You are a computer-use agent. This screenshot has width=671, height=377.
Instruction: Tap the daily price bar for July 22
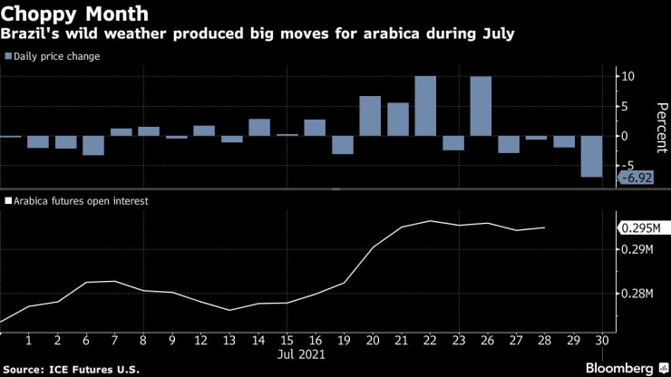tap(425, 106)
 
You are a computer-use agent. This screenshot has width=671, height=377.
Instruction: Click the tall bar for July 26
tap(481, 106)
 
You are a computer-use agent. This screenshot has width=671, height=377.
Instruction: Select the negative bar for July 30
tap(592, 157)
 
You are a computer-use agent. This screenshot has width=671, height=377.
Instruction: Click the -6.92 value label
tap(636, 178)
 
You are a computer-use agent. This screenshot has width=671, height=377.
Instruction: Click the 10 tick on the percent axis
tap(626, 76)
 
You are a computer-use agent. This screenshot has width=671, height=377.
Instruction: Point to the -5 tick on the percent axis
tap(625, 166)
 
